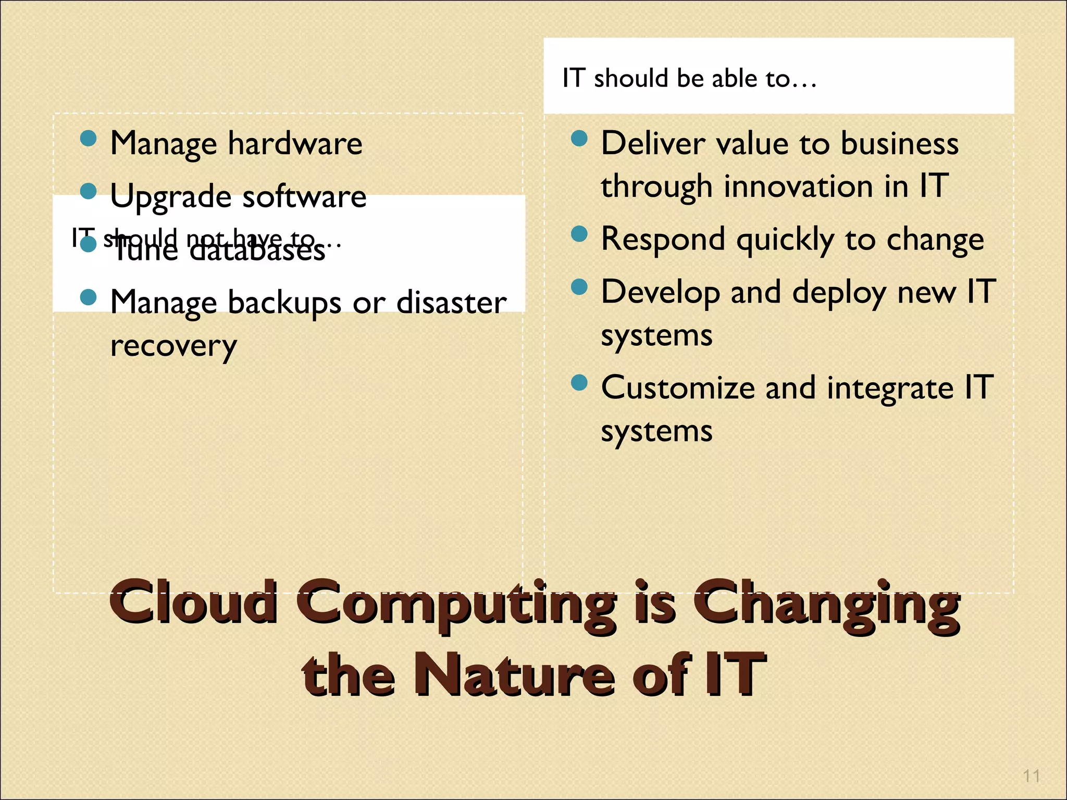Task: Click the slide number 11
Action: (1031, 776)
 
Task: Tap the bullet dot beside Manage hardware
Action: (89, 139)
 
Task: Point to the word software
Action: (304, 197)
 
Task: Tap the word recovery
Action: (174, 346)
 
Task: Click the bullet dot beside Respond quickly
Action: (579, 234)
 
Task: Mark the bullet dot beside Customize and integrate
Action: (579, 383)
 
